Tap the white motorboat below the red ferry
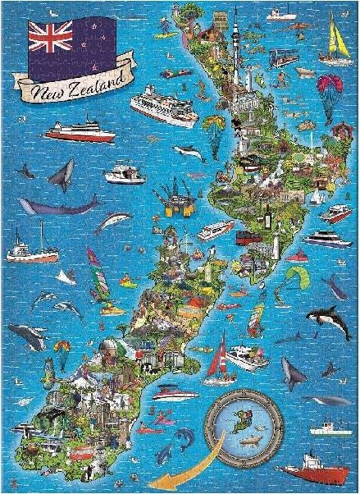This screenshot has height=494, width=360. pyautogui.click(x=123, y=173)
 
